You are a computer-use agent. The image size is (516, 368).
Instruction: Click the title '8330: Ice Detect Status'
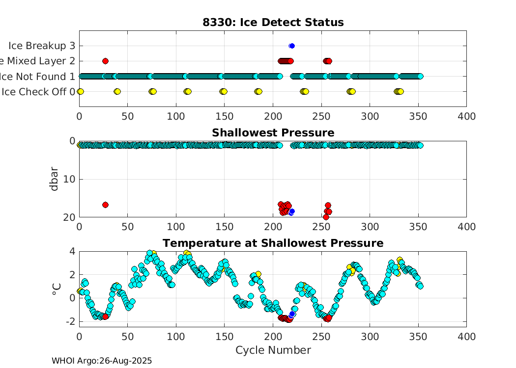(x=273, y=23)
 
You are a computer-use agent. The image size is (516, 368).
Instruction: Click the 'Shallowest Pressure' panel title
(x=273, y=133)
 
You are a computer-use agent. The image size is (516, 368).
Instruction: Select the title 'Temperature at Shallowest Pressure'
(x=273, y=243)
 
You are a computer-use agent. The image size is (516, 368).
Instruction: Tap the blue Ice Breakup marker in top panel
(x=292, y=46)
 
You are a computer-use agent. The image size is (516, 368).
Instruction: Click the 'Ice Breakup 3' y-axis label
(x=42, y=46)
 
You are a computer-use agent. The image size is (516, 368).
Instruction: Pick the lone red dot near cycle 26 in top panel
(x=105, y=61)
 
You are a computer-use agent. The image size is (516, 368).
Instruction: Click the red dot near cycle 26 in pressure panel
(x=105, y=205)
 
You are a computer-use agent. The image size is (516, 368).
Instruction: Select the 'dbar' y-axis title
(x=55, y=179)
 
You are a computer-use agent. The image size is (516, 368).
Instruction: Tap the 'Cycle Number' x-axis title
(x=273, y=350)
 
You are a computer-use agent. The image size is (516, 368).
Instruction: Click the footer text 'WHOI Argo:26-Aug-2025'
(x=102, y=361)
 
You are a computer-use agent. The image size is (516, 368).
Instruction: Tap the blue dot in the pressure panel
(x=292, y=211)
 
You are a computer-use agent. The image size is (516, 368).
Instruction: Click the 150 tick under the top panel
(x=225, y=116)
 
